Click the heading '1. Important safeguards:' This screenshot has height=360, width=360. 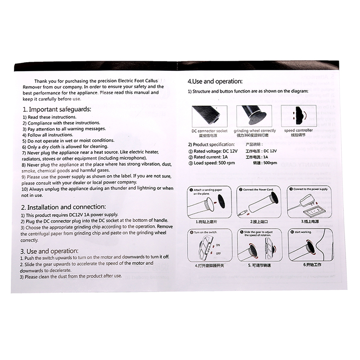coord(57,109)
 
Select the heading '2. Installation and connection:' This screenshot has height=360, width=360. coord(64,207)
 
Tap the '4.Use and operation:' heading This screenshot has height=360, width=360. coord(215,81)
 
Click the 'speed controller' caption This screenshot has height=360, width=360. coord(295,130)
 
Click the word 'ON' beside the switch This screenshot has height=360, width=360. coord(218,245)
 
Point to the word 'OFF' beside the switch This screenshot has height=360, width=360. coord(218,254)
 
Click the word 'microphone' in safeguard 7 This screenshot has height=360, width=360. coord(130,158)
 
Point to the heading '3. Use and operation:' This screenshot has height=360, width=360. coord(49,250)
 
